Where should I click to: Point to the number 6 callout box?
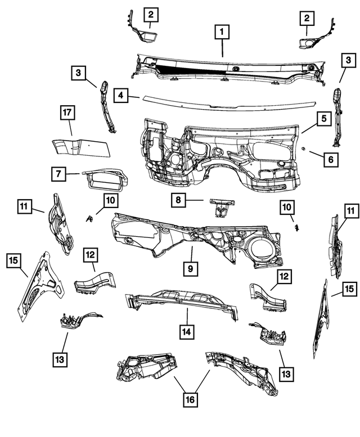tap(330, 160)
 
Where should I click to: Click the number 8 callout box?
tap(178, 200)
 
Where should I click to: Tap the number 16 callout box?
tap(191, 399)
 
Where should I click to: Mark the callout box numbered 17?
tap(67, 114)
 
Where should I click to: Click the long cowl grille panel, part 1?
tap(225, 66)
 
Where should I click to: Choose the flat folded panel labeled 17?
tap(82, 147)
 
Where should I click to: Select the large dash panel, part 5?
tap(219, 152)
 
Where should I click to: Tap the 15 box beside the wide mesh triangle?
tap(14, 261)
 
